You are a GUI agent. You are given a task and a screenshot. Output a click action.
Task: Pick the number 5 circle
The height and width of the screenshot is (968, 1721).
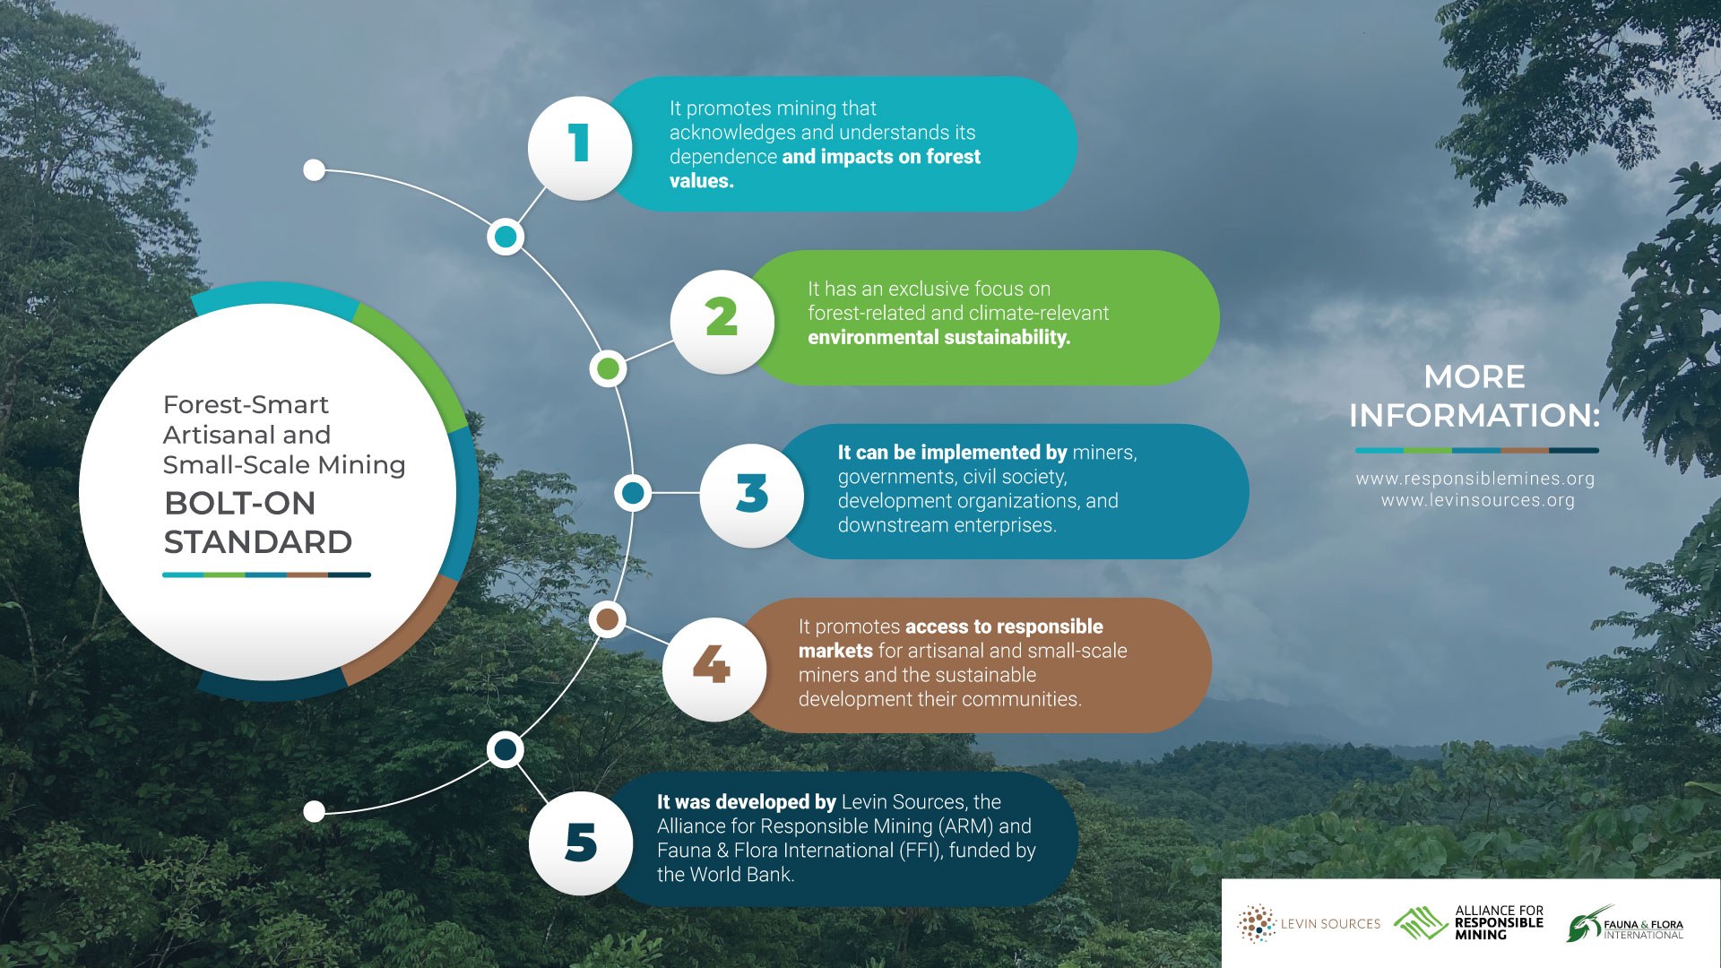point(581,843)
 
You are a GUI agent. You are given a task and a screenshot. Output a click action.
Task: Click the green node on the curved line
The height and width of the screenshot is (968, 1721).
point(609,368)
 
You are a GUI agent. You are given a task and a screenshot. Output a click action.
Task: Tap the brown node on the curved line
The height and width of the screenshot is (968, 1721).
point(608,619)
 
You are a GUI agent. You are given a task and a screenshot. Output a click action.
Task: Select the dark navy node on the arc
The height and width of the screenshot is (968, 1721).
point(506,749)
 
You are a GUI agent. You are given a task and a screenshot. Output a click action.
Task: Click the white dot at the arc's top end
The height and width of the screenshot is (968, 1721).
point(314,169)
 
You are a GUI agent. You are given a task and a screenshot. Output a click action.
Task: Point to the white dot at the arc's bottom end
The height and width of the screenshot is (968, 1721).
point(314,811)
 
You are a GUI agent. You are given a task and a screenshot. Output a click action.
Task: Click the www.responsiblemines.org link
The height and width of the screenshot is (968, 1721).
point(1475,479)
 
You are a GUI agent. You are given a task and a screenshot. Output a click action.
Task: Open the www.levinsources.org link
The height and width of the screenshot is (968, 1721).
point(1477,500)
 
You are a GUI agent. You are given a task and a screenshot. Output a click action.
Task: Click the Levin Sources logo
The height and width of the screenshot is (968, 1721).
point(1309,924)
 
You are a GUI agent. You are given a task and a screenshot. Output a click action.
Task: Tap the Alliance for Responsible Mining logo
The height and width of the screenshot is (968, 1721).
point(1468,923)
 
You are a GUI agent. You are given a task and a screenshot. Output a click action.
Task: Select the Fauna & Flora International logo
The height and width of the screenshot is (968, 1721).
point(1624,924)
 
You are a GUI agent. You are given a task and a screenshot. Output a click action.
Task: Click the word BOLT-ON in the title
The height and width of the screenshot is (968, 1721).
point(240,504)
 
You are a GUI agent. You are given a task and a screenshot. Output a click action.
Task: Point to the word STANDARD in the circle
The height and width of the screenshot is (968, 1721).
point(258,542)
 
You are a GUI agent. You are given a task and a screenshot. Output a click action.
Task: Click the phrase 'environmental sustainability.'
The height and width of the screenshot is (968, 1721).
point(939,338)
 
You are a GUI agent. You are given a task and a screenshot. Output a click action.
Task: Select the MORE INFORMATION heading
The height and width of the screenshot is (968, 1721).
point(1475,396)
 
